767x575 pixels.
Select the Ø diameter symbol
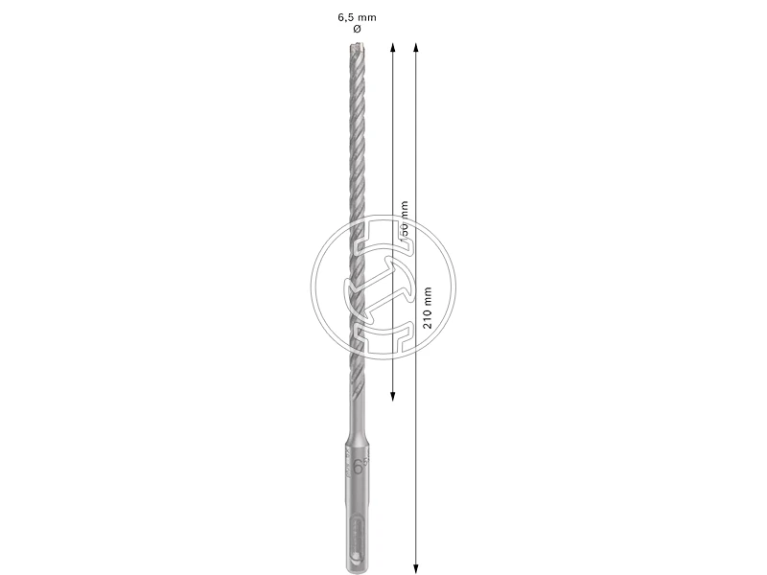click(x=358, y=30)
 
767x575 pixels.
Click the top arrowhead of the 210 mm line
click(x=414, y=46)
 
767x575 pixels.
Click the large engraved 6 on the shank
click(x=358, y=469)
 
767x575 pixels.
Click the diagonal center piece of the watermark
click(x=383, y=287)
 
